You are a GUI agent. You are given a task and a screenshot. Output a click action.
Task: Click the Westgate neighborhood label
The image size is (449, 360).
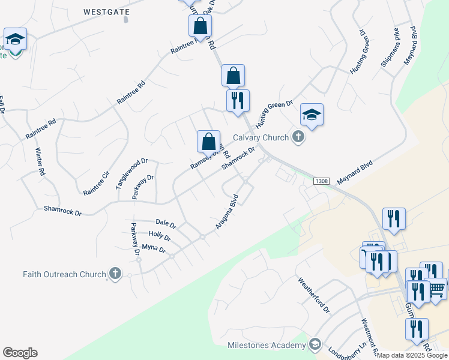click(106, 11)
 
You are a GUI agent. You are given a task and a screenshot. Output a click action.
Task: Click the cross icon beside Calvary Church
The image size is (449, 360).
click(298, 138)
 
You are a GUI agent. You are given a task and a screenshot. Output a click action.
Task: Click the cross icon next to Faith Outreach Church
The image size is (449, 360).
click(115, 274)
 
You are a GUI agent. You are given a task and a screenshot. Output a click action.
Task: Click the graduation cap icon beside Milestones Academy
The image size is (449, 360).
click(315, 344)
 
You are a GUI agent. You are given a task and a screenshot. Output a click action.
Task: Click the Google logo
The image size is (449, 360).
click(20, 353)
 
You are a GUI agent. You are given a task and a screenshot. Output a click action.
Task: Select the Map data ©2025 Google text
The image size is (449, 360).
click(412, 355)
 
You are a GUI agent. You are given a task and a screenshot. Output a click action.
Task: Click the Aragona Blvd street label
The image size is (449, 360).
click(228, 211)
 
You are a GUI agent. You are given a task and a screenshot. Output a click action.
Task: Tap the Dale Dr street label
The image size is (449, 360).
click(166, 225)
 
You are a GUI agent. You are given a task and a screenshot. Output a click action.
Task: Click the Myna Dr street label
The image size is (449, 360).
click(152, 247)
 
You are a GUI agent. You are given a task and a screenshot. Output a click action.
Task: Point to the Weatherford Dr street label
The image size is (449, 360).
click(315, 295)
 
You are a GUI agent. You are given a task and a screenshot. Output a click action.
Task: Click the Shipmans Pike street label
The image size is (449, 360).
click(389, 47)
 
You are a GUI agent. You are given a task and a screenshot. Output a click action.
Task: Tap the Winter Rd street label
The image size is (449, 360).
click(40, 161)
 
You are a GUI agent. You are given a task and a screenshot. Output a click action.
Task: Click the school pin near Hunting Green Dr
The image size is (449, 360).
click(312, 115)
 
